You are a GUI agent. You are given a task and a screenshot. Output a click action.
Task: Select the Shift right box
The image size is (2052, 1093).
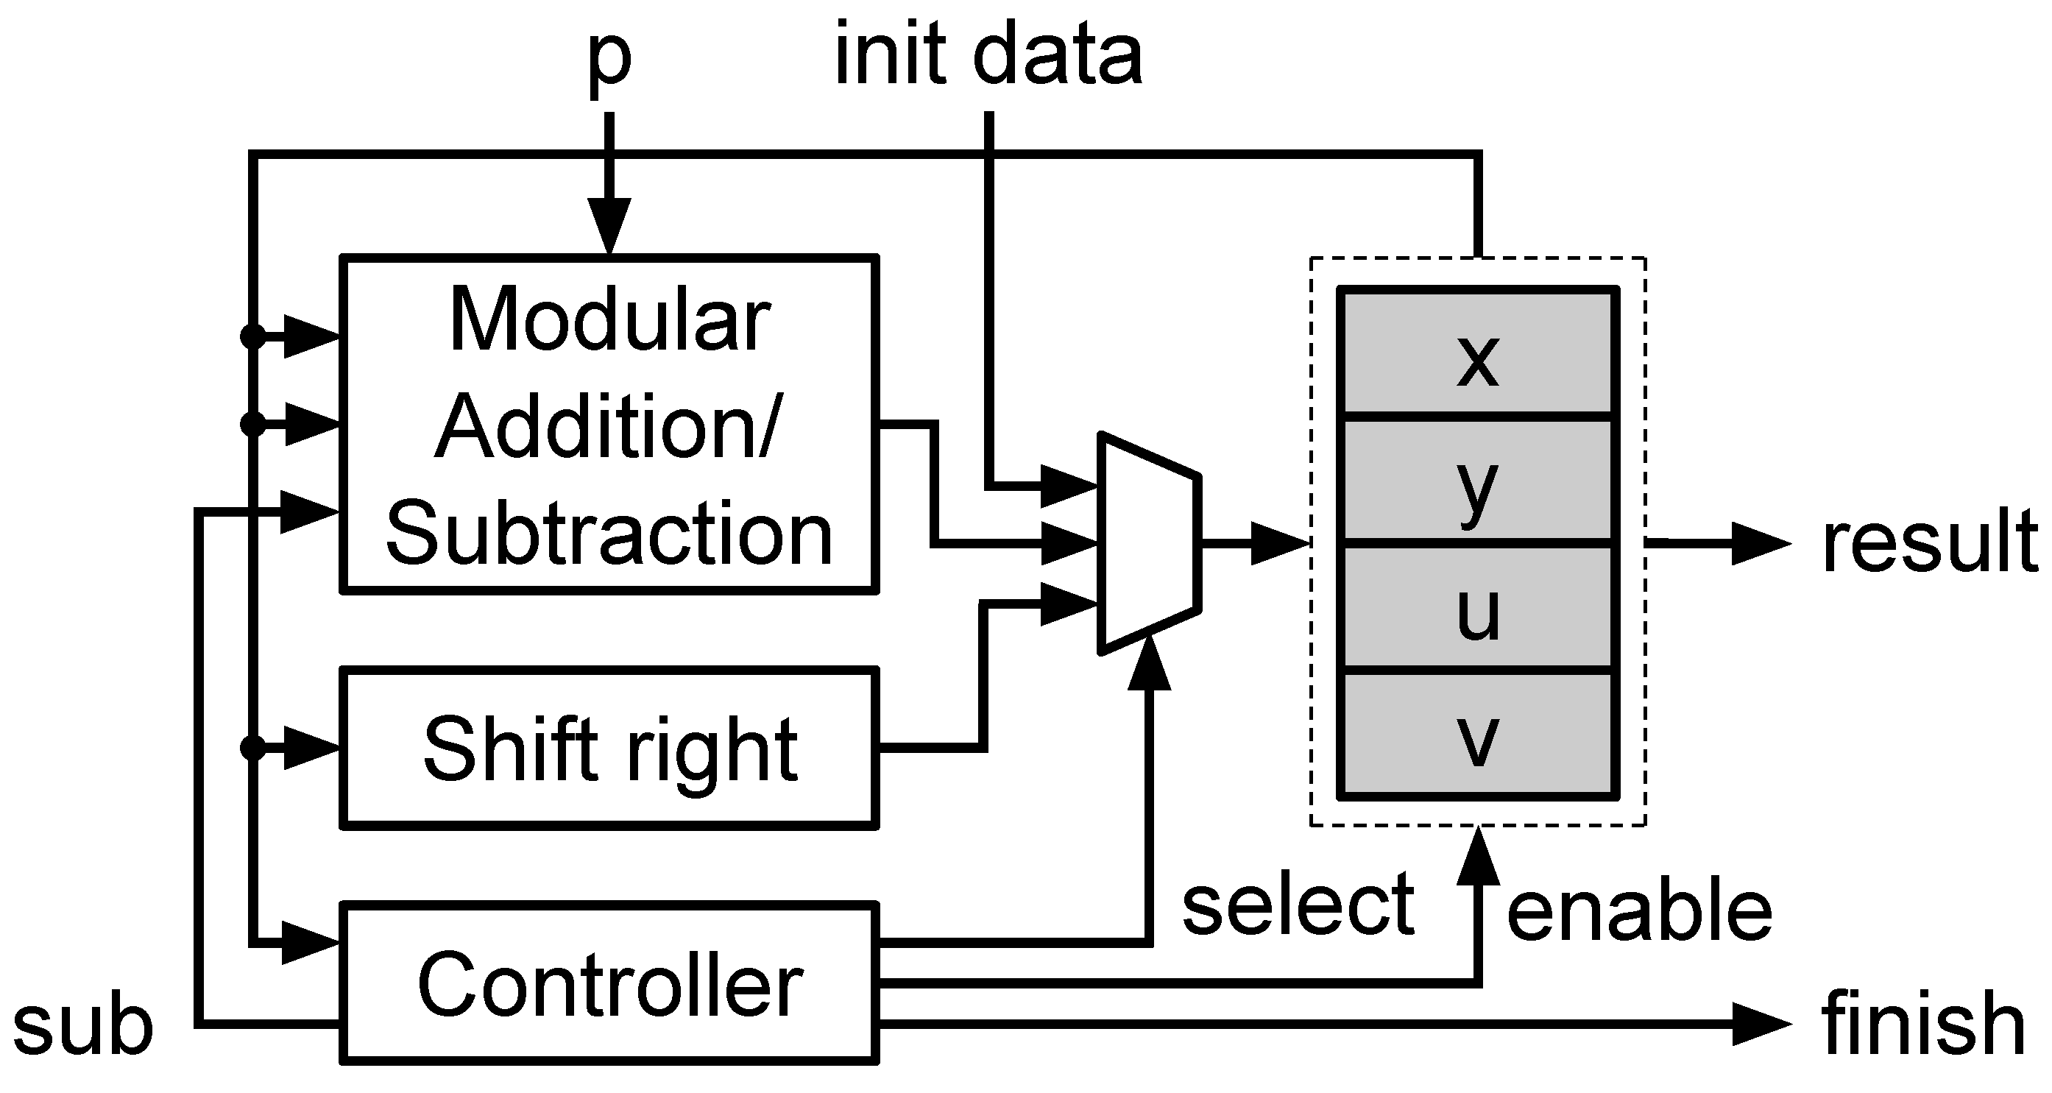tap(609, 748)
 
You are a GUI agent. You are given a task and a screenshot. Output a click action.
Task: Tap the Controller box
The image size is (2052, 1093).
tap(609, 984)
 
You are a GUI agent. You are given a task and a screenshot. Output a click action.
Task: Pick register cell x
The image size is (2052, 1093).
tap(1479, 355)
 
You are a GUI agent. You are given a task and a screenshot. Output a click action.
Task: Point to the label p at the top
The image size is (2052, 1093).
tap(609, 60)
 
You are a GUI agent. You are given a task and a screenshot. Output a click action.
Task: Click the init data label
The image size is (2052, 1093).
tap(988, 56)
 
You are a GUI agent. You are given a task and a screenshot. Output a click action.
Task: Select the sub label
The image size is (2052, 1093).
tap(83, 1027)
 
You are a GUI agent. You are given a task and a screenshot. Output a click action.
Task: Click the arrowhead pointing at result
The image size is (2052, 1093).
tap(1761, 544)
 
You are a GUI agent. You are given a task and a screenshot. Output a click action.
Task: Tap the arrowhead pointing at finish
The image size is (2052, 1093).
tap(1761, 1024)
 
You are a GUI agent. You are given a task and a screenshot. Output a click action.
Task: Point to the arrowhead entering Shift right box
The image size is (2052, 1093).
tap(311, 748)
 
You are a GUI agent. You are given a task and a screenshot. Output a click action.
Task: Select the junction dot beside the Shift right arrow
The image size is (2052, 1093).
tap(252, 748)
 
